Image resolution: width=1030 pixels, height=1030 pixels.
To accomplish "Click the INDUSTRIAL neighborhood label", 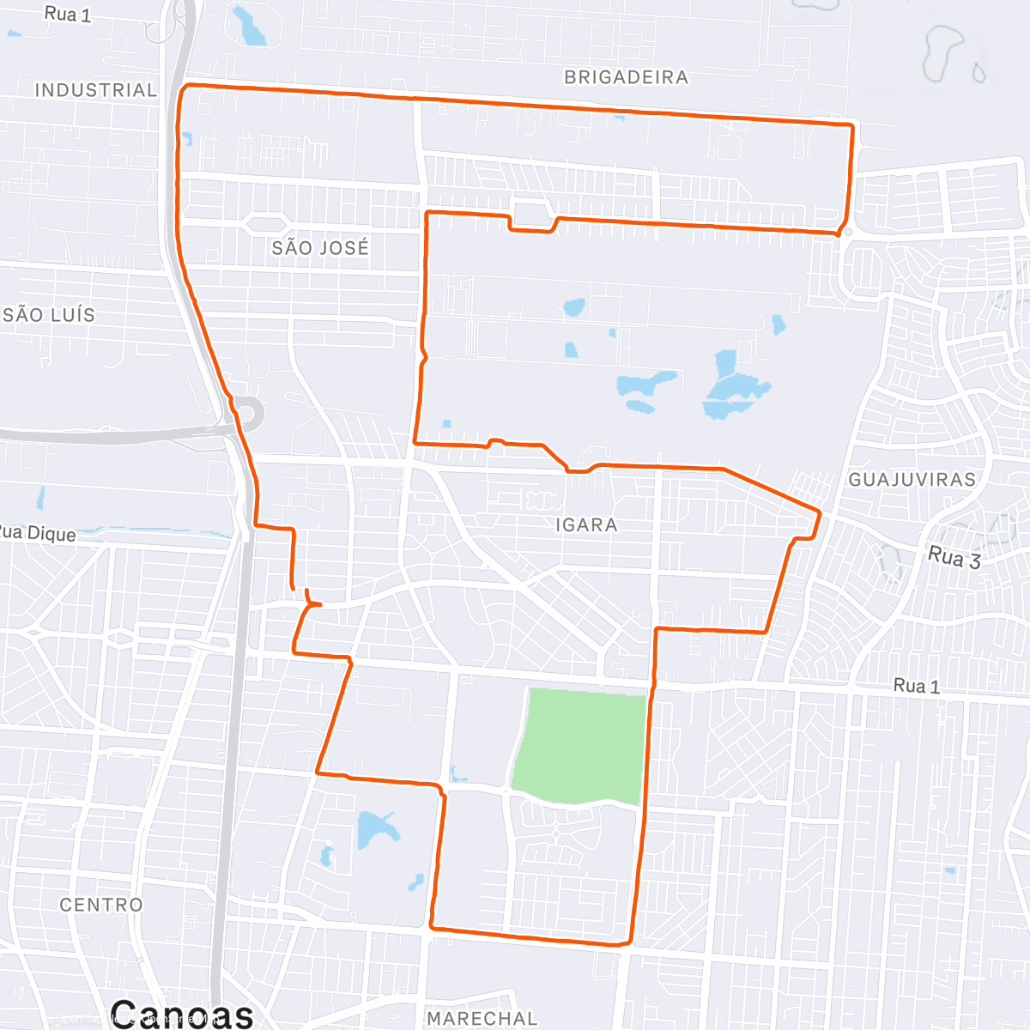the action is point(95,90).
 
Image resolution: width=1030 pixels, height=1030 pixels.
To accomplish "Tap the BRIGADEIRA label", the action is point(626,77).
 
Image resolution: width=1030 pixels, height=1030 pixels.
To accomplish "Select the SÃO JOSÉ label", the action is point(320,248).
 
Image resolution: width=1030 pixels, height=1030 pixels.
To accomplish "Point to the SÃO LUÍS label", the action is point(49,315).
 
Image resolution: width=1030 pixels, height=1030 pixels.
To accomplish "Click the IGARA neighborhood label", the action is point(586,525).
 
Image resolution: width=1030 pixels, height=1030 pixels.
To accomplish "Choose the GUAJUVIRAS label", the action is point(912,480).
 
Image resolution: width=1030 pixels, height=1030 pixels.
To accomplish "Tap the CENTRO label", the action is point(101,905).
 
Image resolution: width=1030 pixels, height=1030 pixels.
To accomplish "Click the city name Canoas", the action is point(181,1014).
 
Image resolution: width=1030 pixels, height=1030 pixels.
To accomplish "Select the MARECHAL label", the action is point(482,1019).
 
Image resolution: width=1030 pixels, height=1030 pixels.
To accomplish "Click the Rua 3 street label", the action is point(954,558).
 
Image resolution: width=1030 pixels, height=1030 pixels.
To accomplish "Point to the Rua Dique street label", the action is point(38,533).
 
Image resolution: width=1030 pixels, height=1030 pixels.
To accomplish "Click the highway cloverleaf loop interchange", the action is point(248,415).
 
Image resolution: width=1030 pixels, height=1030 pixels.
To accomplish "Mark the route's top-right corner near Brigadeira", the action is point(851,126).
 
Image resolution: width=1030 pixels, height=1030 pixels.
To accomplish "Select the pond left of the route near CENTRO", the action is point(376,829).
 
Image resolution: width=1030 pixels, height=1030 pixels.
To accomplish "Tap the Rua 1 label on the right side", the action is point(916,686).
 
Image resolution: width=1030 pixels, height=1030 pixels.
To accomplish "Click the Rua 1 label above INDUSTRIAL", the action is point(67,14).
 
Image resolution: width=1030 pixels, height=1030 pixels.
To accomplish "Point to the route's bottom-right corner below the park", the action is point(631,942).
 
